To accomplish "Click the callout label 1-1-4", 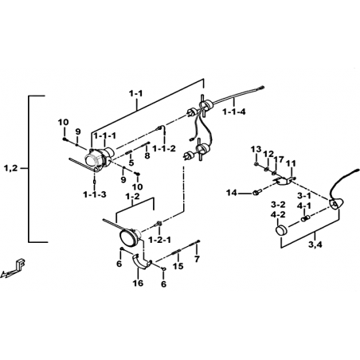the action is tap(234, 112).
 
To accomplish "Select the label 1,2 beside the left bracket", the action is tap(11, 168).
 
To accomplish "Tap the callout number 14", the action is tap(232, 193).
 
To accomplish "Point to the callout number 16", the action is tap(139, 283).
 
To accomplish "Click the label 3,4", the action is tap(315, 245).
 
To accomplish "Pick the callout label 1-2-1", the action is tap(159, 240).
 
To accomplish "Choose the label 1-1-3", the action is tap(95, 194).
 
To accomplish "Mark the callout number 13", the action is tap(256, 149).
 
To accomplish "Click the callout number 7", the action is tap(197, 259).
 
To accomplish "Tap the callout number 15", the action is tap(178, 265).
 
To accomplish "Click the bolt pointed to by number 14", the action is tap(257, 191).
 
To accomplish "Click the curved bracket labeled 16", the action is tap(143, 262).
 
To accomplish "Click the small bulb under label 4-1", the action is tap(306, 218).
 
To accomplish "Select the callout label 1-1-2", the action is tap(164, 148).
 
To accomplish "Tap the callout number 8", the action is tap(147, 155).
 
